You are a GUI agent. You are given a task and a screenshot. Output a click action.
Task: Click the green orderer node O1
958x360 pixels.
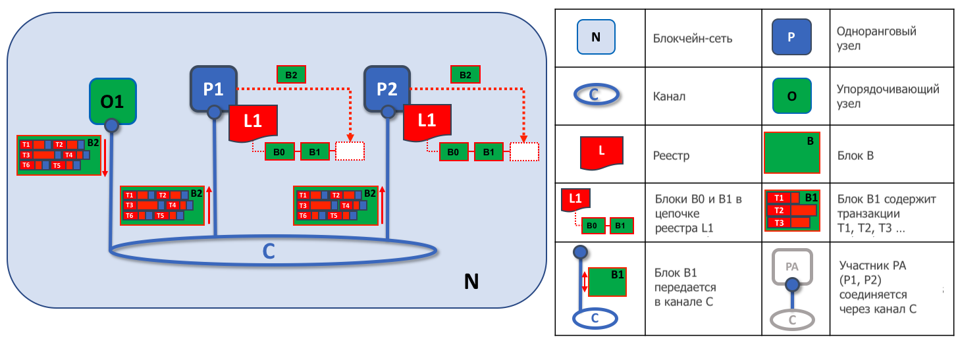pos(113,101)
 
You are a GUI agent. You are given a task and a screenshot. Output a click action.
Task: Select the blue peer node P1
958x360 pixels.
pos(213,89)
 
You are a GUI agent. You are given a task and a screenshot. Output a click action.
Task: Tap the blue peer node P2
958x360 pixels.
pos(387,89)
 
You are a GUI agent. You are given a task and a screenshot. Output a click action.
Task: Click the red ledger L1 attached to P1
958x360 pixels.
pos(253,123)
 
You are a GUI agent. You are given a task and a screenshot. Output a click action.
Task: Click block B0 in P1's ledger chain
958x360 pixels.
pos(280,151)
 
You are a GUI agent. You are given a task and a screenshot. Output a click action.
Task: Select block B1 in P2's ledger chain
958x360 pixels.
pos(489,152)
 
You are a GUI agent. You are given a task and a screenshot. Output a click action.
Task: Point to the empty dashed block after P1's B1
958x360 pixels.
pos(350,151)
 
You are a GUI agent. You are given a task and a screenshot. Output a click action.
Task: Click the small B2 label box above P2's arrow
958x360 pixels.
pos(466,75)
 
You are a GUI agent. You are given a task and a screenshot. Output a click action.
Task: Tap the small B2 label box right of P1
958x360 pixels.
pos(291,75)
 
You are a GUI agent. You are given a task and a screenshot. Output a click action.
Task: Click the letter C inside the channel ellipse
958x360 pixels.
pos(269,251)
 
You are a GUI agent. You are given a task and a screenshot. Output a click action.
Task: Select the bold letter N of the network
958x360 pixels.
pos(471,281)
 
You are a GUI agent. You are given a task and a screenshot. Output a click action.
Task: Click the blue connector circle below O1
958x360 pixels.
pos(112,125)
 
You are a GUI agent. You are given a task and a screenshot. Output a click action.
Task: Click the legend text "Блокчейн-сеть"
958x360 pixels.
pos(693,39)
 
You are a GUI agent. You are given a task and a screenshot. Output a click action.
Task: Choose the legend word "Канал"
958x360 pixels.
pos(669,97)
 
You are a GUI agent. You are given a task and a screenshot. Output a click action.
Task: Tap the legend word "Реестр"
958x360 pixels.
pos(671,155)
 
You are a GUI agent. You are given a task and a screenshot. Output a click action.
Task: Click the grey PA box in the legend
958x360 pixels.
pos(792,267)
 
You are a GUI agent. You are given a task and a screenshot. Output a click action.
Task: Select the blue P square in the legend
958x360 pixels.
pos(791,37)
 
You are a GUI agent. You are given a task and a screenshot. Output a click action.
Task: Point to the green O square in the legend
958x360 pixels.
pos(792,96)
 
